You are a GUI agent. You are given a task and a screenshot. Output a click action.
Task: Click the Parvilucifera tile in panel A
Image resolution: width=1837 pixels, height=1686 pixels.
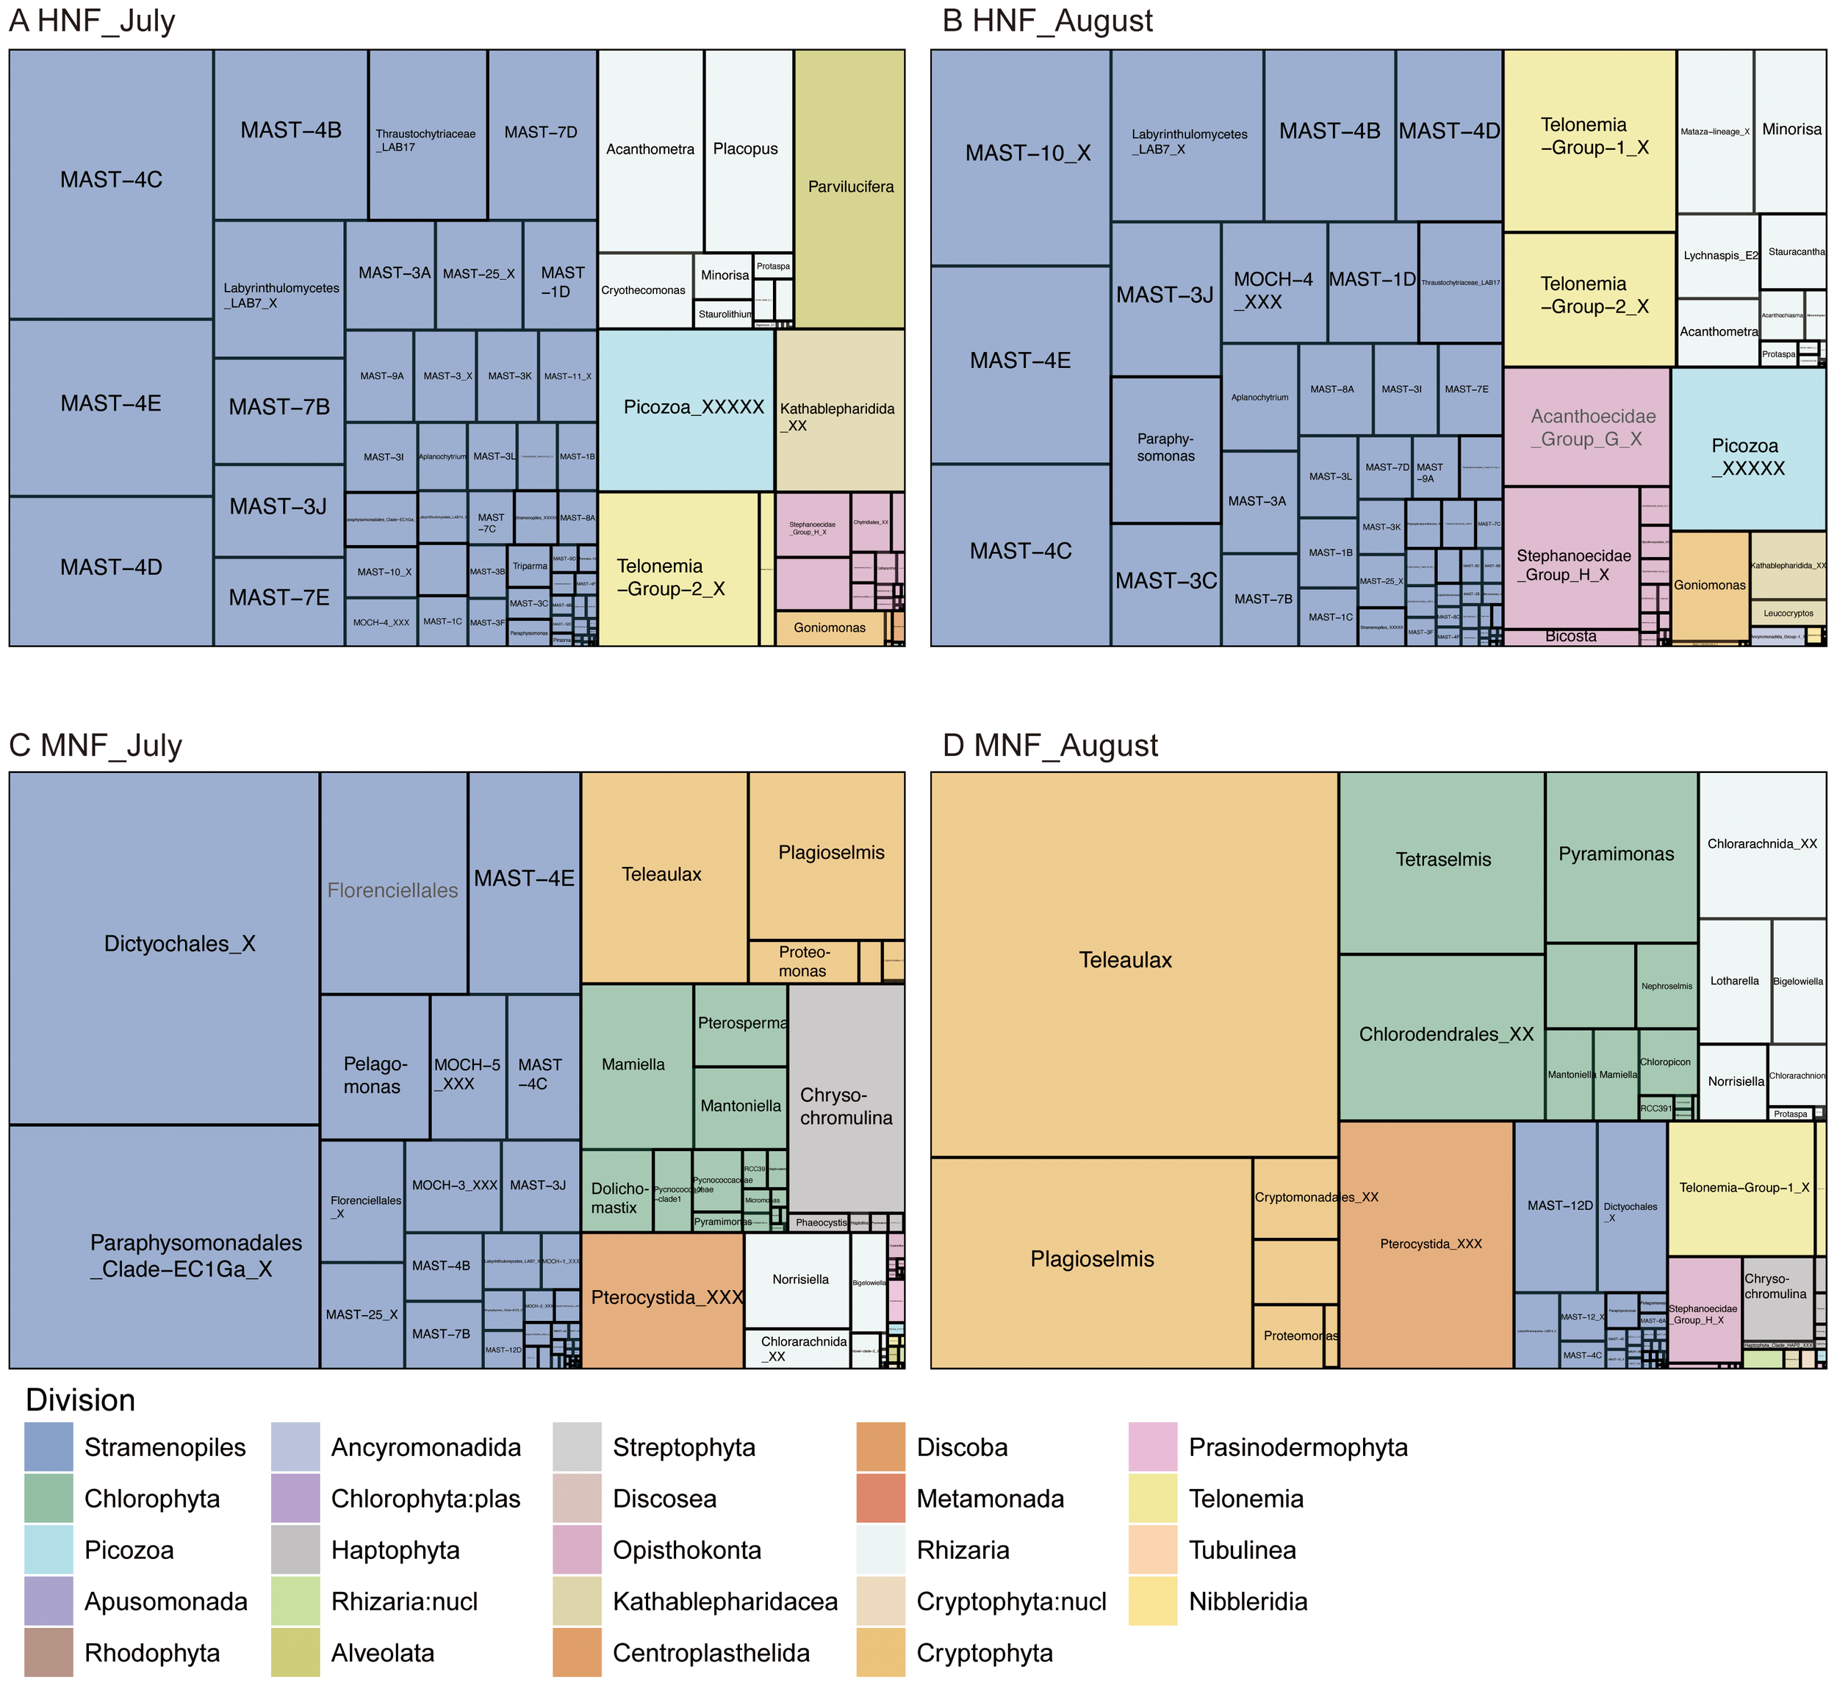(849, 188)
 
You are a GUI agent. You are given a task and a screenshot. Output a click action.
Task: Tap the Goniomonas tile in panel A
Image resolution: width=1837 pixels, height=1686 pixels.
(829, 627)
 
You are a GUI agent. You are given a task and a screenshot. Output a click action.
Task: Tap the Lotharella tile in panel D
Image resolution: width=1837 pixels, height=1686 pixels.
(1734, 981)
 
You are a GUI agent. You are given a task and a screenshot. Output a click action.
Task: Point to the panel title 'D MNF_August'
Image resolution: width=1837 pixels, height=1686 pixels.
(1049, 746)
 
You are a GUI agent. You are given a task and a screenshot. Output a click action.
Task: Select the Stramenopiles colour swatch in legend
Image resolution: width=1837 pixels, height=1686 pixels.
(48, 1447)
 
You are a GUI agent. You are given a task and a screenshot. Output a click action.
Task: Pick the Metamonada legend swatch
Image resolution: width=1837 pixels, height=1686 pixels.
(880, 1498)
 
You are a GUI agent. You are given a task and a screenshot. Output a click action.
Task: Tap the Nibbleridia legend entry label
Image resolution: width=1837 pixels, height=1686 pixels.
(1248, 1602)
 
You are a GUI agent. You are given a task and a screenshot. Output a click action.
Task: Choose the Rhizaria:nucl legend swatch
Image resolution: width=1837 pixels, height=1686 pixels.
(295, 1602)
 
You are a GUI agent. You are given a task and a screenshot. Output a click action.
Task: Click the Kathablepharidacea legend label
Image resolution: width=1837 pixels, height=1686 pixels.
(725, 1602)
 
